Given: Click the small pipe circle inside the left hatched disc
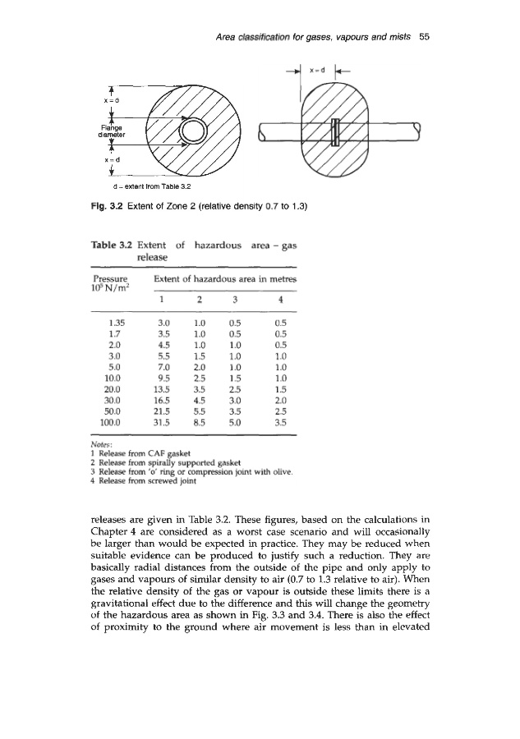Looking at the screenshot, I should pyautogui.click(x=195, y=131).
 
